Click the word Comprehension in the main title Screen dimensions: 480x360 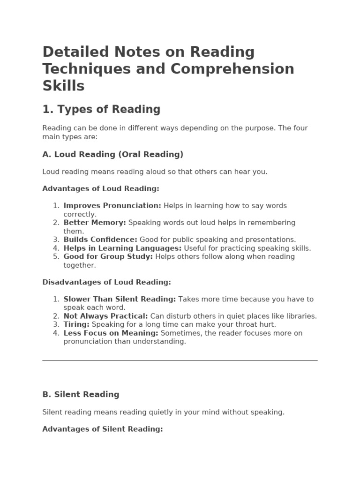(x=232, y=69)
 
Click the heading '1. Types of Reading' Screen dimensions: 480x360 (x=101, y=110)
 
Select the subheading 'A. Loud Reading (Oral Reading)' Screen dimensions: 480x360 (x=112, y=154)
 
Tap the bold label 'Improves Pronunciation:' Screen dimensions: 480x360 (x=112, y=206)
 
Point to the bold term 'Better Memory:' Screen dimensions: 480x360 (x=95, y=223)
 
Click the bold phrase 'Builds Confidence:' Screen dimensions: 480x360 (x=100, y=240)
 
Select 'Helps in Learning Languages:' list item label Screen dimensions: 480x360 (x=122, y=248)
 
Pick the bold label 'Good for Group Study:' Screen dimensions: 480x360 (x=108, y=257)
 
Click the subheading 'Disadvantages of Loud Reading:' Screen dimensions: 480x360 (x=106, y=282)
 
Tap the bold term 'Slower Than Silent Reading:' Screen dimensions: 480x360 (x=120, y=299)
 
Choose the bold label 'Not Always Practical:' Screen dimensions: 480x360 (x=105, y=316)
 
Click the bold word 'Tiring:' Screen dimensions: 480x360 (x=76, y=325)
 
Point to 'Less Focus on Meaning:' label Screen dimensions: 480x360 (x=111, y=333)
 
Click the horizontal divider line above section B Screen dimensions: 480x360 (x=180, y=360)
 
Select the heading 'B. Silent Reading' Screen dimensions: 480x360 (x=81, y=395)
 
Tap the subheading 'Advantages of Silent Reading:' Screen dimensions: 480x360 (x=102, y=429)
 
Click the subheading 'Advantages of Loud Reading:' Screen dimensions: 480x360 (x=101, y=188)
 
